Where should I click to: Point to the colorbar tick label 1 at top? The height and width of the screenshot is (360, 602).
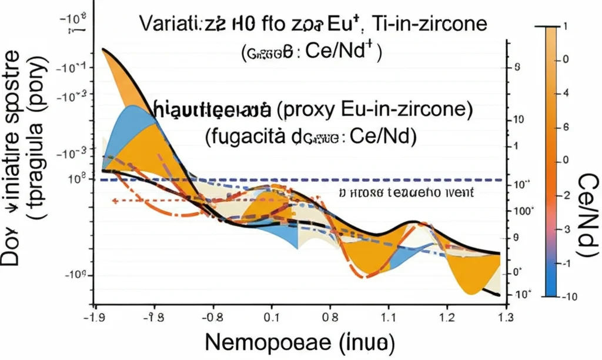[566, 27]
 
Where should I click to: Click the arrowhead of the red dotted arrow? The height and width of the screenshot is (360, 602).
[114, 201]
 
